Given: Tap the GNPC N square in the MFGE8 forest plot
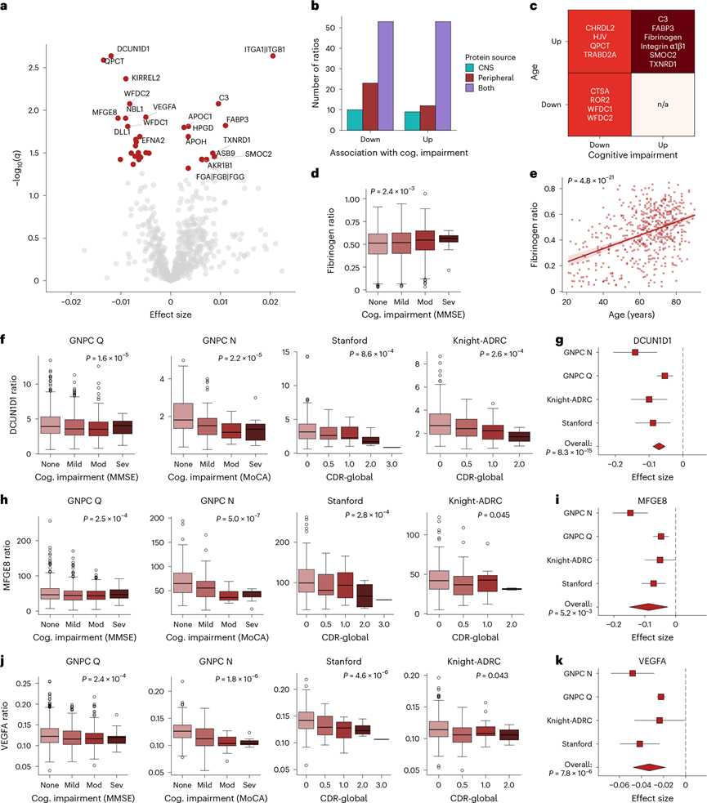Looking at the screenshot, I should pyautogui.click(x=630, y=513).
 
